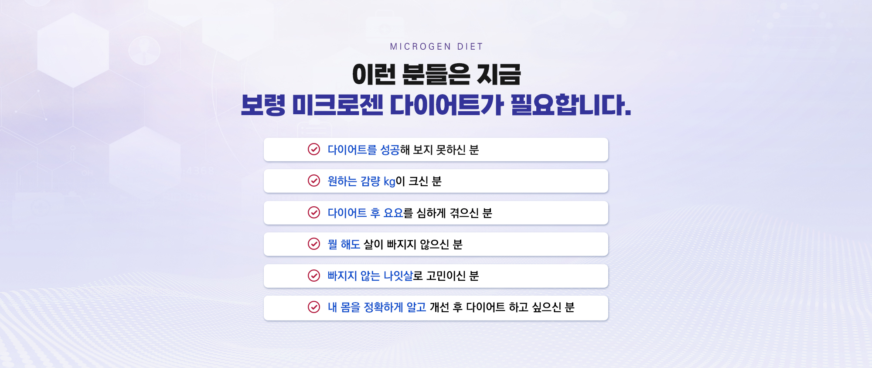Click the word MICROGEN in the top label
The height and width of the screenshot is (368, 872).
[x=420, y=47]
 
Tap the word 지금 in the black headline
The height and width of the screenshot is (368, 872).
[x=499, y=74]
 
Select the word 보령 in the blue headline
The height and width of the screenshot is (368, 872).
[x=263, y=105]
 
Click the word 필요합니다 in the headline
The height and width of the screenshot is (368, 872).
[x=571, y=105]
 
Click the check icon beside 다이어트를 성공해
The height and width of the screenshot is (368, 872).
[x=314, y=149]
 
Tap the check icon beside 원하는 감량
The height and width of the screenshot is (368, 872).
[x=314, y=181]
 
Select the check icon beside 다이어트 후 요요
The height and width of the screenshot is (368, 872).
[x=314, y=212]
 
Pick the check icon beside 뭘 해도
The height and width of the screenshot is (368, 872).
[x=314, y=244]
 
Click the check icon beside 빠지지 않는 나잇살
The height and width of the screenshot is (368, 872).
[x=314, y=276]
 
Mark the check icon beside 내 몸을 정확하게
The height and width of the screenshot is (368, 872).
[x=314, y=307]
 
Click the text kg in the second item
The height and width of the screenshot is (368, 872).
[x=389, y=182]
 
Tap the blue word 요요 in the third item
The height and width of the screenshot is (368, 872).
[x=393, y=213]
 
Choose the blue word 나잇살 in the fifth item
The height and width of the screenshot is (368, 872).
[x=398, y=276]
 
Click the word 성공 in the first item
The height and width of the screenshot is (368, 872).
[x=390, y=150]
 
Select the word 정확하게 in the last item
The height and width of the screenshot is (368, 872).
[x=383, y=307]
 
